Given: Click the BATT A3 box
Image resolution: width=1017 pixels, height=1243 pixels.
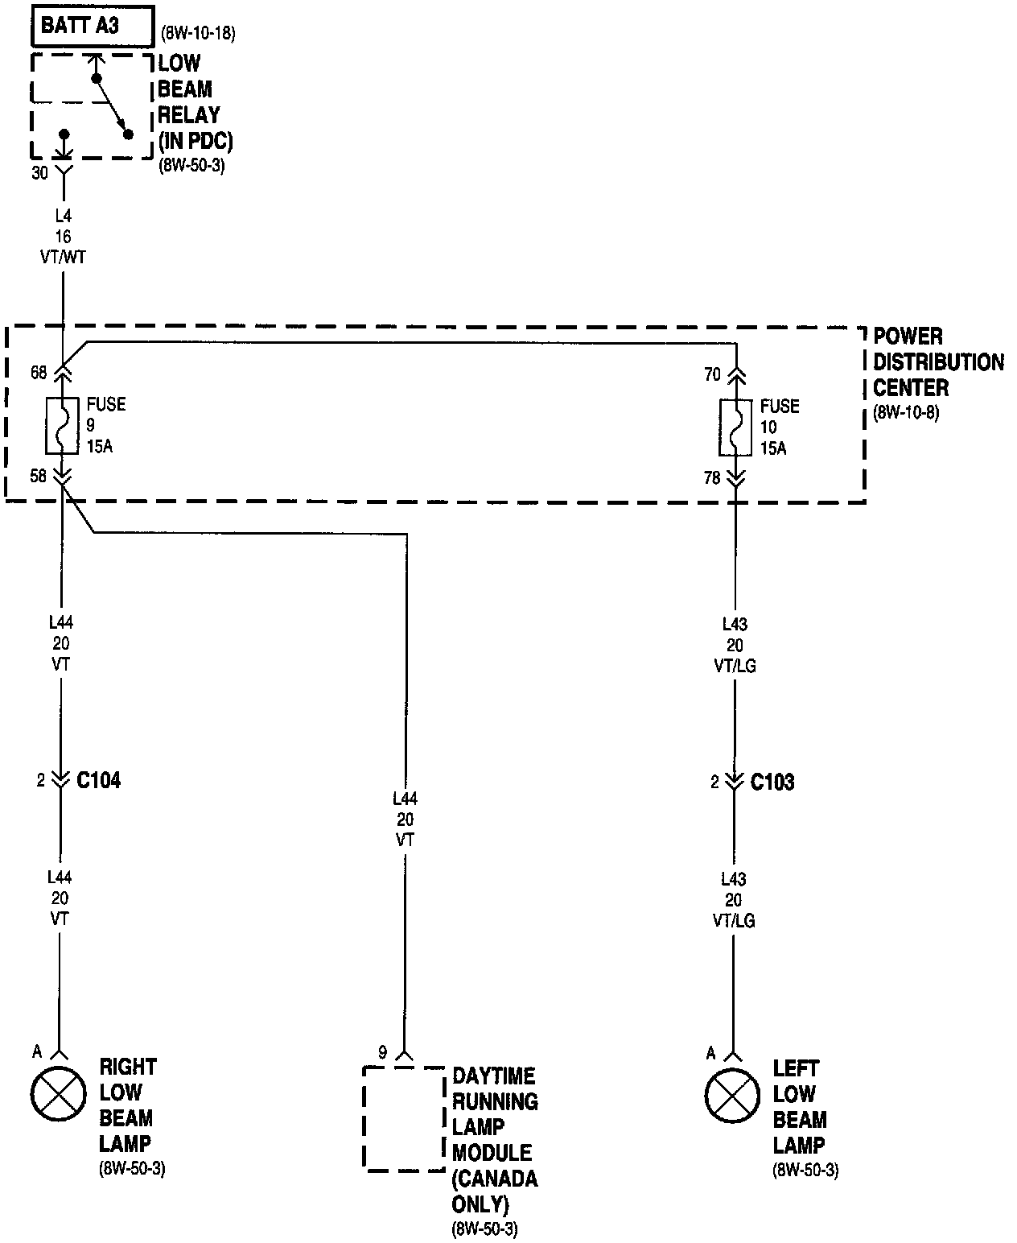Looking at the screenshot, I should pos(92,26).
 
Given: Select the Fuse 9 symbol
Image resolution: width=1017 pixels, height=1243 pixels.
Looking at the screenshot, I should pos(62,425).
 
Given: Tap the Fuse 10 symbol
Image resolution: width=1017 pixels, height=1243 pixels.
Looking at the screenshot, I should pos(735,427).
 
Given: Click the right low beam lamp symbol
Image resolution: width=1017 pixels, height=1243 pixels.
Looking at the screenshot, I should pos(58,1094).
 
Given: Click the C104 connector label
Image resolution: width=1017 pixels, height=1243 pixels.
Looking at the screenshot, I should pos(98,780).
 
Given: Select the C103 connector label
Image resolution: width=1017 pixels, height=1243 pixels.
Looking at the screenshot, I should pos(772,782).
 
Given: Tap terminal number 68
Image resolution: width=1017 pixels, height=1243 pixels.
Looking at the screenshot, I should pos(39,373).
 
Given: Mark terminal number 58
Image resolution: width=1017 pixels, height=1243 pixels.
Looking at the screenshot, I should pos(39,477).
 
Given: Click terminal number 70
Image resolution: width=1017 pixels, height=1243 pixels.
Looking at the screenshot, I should pos(712,374).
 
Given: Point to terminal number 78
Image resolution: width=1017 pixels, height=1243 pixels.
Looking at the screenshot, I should pos(712,478).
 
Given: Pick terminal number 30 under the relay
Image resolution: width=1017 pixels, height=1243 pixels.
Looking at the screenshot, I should pos(40,173).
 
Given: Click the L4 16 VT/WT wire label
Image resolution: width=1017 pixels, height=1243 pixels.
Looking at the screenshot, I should pos(63,237).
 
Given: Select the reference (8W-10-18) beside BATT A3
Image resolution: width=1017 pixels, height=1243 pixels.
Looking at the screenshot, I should pos(198,34).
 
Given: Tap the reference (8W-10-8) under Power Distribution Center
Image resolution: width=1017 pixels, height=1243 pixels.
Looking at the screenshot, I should pos(906,414).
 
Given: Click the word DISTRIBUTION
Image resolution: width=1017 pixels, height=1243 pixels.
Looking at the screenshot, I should pos(938,362).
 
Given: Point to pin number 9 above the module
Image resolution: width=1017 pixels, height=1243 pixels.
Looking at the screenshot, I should pos(383,1052).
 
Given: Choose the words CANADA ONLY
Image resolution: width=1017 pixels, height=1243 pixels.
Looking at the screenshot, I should pos(494,1191).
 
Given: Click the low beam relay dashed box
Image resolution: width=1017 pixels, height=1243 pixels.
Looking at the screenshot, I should pos(92,105).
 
